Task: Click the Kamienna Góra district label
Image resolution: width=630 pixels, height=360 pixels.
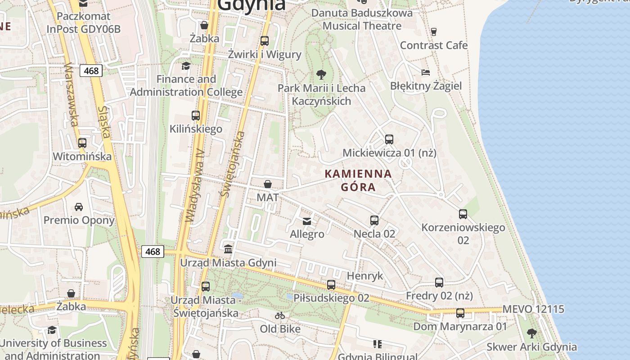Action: click(x=358, y=180)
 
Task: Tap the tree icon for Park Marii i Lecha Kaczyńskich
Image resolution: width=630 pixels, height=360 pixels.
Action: click(x=321, y=74)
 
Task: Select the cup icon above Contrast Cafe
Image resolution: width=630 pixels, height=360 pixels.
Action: click(x=434, y=31)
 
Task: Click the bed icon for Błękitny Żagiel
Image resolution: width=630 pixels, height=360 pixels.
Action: click(x=426, y=72)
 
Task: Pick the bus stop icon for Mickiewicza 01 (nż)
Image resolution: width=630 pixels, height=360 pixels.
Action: click(x=389, y=139)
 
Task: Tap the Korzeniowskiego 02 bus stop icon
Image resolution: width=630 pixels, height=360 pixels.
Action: click(x=463, y=214)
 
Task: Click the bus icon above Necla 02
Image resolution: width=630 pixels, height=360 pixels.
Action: click(x=374, y=220)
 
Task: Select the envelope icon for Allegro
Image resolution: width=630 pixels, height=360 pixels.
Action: click(x=307, y=221)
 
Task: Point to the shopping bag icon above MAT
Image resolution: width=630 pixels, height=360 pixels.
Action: click(x=268, y=184)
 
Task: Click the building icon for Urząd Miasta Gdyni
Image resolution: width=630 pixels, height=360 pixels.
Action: click(x=228, y=249)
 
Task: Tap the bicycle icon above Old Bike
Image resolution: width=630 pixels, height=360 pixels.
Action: click(x=280, y=315)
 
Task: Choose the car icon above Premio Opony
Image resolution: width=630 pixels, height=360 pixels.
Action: click(x=79, y=207)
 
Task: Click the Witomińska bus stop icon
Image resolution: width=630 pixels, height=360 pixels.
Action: click(x=82, y=143)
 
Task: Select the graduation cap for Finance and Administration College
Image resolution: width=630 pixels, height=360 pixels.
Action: click(x=186, y=66)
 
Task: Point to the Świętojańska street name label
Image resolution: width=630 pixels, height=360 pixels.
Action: click(x=233, y=164)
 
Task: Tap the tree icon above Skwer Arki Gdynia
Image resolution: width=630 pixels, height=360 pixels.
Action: click(x=531, y=333)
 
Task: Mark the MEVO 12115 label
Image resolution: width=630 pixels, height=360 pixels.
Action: click(x=533, y=310)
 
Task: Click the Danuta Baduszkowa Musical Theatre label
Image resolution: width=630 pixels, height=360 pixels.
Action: click(x=362, y=19)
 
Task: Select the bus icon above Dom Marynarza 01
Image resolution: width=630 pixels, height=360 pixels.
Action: click(x=460, y=313)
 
